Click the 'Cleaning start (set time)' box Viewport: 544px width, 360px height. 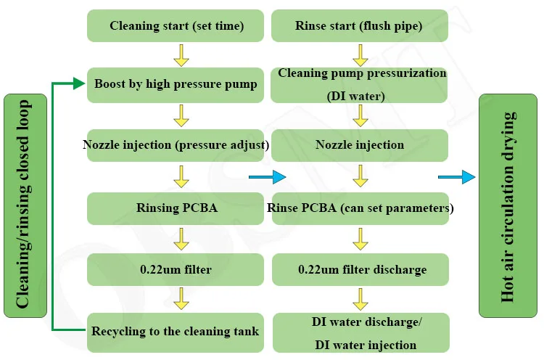click(176, 25)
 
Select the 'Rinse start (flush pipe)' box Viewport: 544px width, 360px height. click(360, 25)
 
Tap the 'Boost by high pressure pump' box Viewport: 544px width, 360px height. click(176, 84)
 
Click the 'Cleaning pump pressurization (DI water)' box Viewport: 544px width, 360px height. click(360, 84)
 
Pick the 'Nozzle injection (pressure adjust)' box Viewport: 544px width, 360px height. click(176, 144)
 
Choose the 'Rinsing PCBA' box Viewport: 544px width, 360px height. click(176, 208)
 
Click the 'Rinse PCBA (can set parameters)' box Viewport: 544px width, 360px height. click(360, 208)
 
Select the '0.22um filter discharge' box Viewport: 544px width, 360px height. click(360, 269)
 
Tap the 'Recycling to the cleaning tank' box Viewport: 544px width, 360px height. click(176, 332)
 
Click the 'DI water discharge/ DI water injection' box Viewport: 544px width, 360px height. click(360, 332)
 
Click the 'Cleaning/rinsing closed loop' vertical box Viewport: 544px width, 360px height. click(25, 206)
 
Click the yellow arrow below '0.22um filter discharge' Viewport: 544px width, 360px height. click(360, 298)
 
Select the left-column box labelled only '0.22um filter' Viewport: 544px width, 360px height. click(176, 269)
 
